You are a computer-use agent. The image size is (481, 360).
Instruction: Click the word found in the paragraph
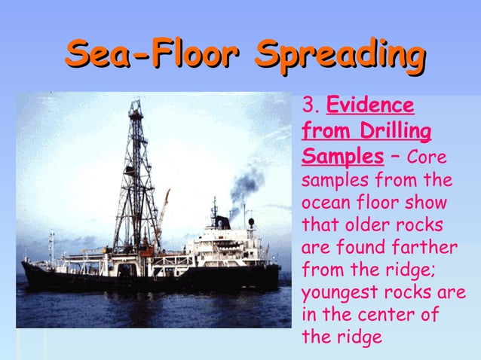pyautogui.click(x=354, y=247)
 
